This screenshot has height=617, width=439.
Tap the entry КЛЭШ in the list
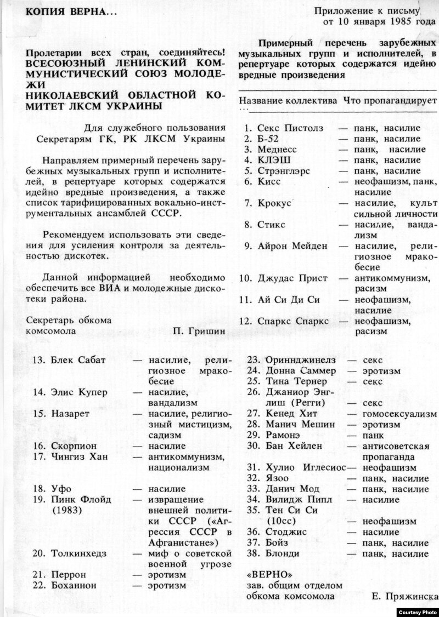(273, 160)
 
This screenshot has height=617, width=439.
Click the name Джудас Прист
(291, 278)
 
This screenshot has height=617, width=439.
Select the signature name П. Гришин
(199, 331)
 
